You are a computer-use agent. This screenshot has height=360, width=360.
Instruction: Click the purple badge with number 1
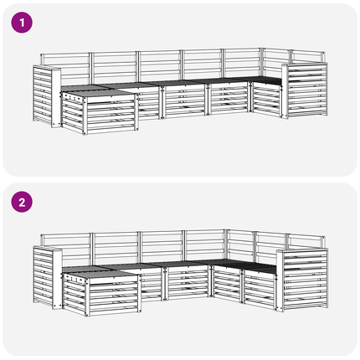pos(22,23)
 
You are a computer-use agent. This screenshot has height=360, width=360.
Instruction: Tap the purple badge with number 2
pos(22,202)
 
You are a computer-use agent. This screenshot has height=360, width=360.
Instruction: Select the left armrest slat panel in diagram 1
pos(43,94)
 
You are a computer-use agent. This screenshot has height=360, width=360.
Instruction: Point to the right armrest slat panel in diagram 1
pos(307,90)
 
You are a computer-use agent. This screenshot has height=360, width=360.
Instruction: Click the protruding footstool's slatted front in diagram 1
pos(111,115)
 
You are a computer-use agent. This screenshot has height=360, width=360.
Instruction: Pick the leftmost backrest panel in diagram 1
pos(66,67)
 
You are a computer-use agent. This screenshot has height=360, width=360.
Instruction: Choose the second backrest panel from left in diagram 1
pos(115,67)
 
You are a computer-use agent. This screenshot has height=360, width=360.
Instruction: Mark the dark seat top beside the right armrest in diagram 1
pos(267,80)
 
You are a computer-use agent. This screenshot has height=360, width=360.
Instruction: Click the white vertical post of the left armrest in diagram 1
pos(56,97)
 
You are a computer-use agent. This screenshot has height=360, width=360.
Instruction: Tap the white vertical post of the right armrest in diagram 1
pos(285,91)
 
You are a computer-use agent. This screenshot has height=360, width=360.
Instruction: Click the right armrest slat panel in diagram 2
pos(305,279)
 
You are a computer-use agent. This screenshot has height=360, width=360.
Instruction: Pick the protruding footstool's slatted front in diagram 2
pos(113,296)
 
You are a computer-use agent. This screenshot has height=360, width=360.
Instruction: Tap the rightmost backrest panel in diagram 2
pos(306,242)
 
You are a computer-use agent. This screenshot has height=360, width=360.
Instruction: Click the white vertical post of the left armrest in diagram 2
pos(57,279)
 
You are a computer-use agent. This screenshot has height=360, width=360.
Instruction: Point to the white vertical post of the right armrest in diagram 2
pos(280,280)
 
